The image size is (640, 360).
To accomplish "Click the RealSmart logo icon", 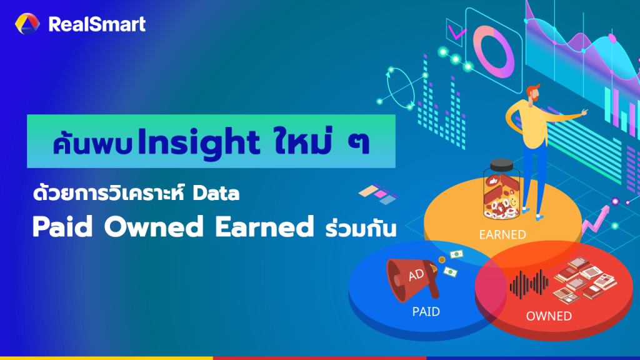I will point(27,24).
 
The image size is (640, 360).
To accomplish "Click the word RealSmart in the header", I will point(96,24).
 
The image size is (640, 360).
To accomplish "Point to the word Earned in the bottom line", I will point(262,227).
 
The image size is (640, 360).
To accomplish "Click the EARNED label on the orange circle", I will point(502,235).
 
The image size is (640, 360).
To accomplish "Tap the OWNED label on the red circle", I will point(548,316).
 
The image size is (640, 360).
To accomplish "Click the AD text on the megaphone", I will point(416,276).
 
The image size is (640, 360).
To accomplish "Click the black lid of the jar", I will point(504,166).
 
